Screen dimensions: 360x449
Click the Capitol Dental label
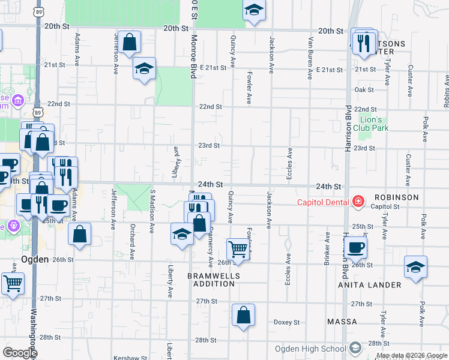pos(323,202)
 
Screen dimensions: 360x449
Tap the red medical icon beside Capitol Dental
pos(358,201)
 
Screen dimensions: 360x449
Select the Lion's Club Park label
pos(370,124)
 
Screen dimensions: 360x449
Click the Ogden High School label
pos(310,349)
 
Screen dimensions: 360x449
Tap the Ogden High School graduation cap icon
pos(355,348)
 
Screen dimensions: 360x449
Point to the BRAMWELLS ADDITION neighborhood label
pos(214,280)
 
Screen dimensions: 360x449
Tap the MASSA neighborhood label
pos(342,322)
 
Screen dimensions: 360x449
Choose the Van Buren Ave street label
pos(311,57)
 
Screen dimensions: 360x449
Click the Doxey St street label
pos(286,322)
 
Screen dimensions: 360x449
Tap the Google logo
pos(20,353)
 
